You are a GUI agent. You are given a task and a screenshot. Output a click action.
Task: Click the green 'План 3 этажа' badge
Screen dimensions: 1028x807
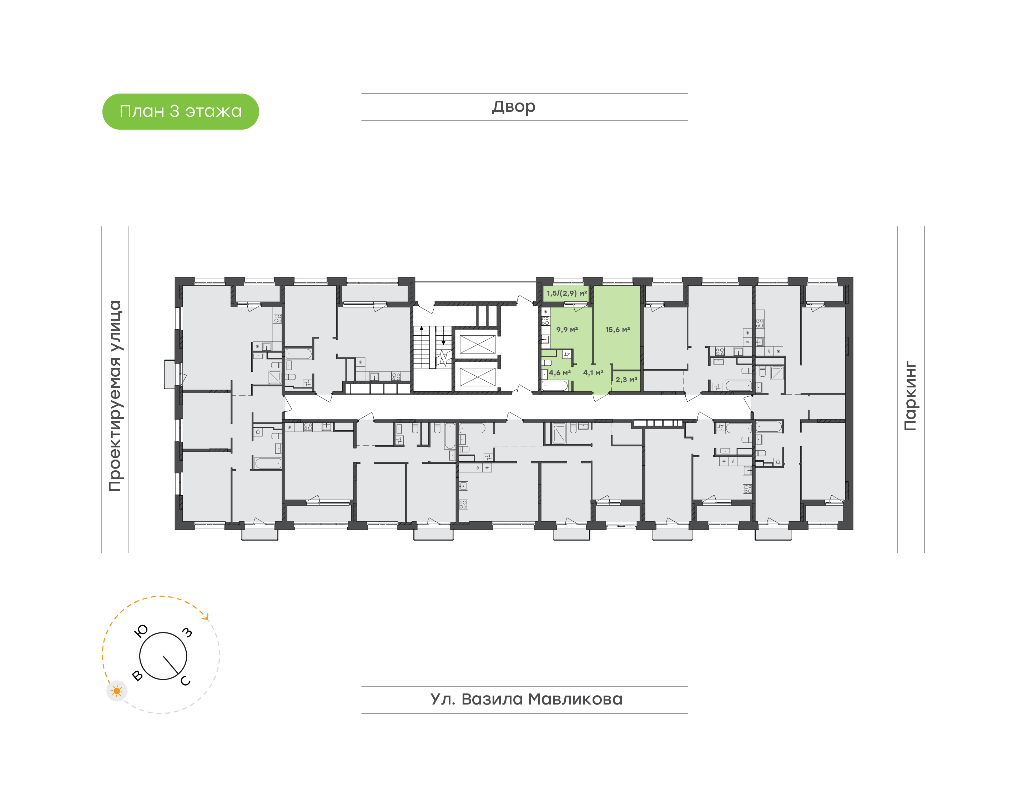[x=180, y=111]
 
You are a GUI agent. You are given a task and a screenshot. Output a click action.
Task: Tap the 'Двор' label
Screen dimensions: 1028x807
[x=514, y=107]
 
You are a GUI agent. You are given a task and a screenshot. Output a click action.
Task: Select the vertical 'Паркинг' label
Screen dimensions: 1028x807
[x=911, y=396]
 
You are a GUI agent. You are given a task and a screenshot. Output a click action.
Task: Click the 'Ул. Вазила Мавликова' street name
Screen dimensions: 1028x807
[x=526, y=699]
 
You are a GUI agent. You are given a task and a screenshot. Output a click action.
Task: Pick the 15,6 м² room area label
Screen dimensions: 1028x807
[x=618, y=330]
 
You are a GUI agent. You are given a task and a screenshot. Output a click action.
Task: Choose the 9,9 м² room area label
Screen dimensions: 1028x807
[x=567, y=330]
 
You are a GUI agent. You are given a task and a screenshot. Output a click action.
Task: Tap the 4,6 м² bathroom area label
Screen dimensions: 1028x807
[x=560, y=373]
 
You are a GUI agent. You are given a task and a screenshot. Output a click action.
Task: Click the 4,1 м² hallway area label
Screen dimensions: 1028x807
[x=593, y=373]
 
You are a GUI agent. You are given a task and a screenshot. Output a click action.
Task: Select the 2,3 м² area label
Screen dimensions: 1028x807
[x=626, y=380]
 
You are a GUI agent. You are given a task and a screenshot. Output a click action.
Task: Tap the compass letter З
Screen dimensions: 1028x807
[x=187, y=632]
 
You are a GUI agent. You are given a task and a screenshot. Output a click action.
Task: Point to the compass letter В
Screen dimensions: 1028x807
[x=137, y=676]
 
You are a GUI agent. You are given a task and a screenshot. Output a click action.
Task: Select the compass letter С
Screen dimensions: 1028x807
[x=186, y=680]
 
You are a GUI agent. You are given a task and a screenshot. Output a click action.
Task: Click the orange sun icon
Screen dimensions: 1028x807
[x=117, y=691]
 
